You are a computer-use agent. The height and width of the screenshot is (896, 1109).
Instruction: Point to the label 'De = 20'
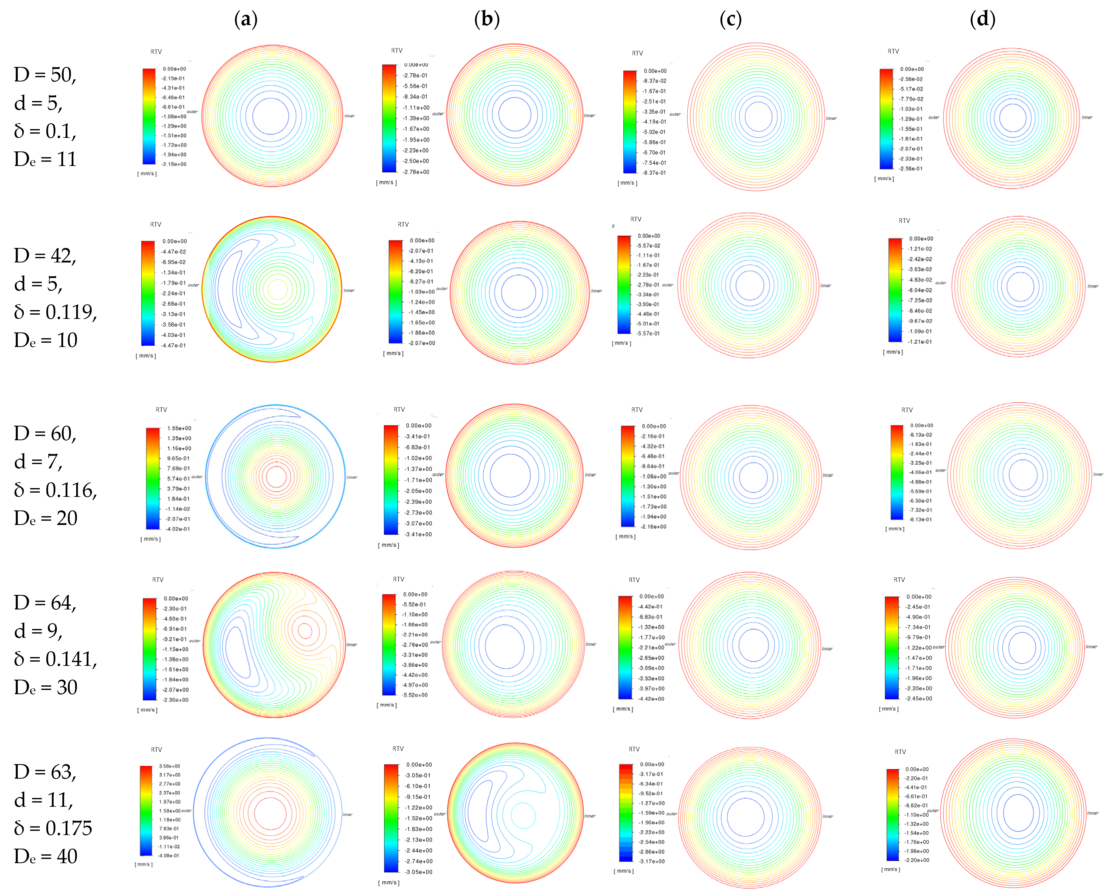click(x=45, y=518)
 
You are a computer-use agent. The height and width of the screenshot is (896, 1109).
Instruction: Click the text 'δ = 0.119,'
click(x=55, y=312)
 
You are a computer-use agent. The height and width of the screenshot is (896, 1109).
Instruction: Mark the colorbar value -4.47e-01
click(x=174, y=345)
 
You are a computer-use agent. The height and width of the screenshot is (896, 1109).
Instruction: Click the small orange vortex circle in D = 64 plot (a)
click(x=305, y=631)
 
